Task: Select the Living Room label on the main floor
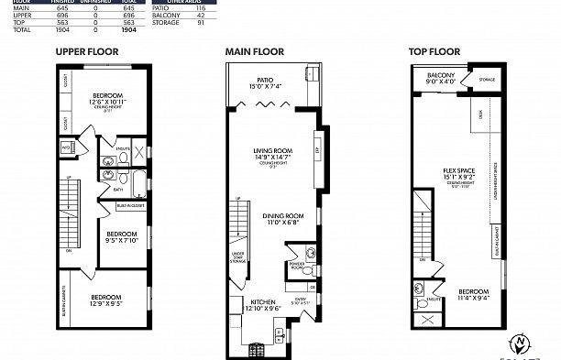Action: click(x=272, y=154)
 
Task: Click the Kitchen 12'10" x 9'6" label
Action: click(x=259, y=304)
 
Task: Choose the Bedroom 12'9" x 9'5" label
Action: click(x=108, y=300)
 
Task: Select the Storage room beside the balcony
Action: click(x=486, y=80)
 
